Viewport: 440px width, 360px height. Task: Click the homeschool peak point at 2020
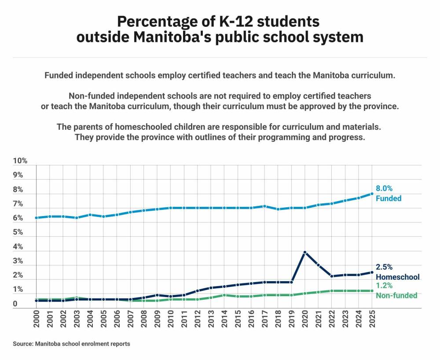305,252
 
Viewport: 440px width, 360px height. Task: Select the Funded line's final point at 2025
372,194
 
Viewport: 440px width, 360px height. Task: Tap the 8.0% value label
384,188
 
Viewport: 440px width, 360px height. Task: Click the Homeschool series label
398,277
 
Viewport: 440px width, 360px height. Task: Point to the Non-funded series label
396,295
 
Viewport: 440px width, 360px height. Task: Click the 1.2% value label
384,286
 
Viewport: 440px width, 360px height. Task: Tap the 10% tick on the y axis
20,161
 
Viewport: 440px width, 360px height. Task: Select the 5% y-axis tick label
18,232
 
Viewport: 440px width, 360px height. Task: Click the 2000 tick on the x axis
36,319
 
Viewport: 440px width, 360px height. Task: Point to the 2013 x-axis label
211,319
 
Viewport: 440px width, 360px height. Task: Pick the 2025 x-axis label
372,319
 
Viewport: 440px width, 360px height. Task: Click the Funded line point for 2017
264,206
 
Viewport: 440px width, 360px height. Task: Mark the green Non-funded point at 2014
224,295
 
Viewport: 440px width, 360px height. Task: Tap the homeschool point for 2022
332,276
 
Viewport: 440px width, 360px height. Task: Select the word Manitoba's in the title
172,37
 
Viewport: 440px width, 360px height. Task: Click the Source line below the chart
72,344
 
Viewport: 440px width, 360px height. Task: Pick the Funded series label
389,198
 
